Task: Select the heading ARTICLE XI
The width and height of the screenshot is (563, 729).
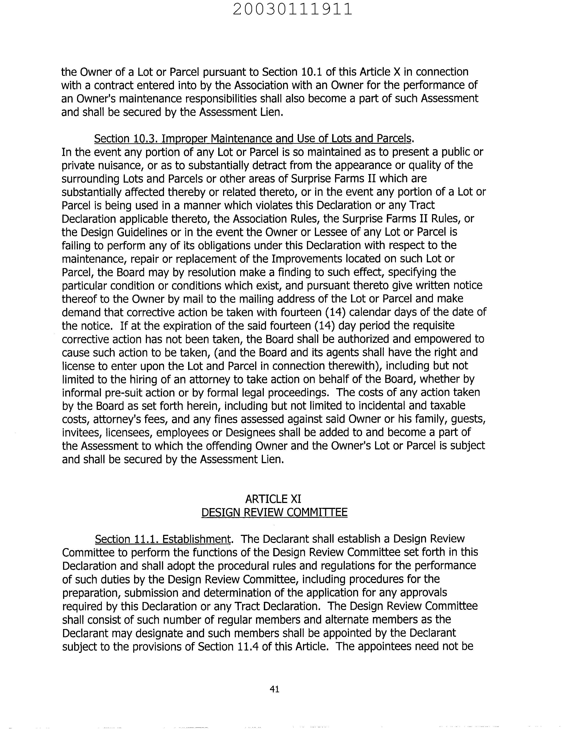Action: [273, 499]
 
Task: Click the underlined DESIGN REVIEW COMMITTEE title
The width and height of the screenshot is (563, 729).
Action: [274, 512]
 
